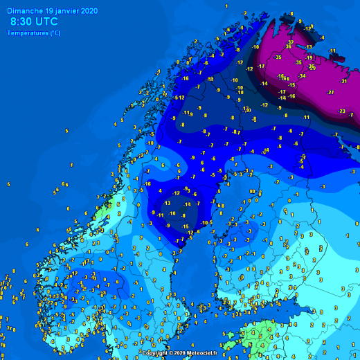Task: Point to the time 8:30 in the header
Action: [21, 22]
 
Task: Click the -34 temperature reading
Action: [302, 75]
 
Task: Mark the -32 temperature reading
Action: [291, 42]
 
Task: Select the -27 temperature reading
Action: [331, 92]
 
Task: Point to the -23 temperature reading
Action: [341, 111]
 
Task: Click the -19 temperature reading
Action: [309, 57]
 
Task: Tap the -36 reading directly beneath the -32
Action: [288, 46]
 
